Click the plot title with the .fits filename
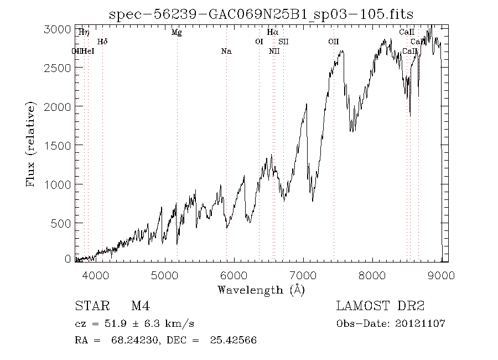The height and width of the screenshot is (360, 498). pos(261,14)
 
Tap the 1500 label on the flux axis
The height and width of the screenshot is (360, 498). pos(57,145)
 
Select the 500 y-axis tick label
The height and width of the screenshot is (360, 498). pos(61,223)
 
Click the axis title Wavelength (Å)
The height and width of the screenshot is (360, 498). pos(261,290)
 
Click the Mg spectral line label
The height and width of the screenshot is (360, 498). pos(177,33)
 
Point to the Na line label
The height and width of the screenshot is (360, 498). pos(226,52)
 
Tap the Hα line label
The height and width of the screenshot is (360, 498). pos(272,33)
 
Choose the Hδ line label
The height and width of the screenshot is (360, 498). pos(102,42)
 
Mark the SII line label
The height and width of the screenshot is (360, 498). pos(283,42)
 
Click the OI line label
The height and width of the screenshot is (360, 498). pos(259,42)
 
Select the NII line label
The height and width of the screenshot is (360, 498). pos(274,52)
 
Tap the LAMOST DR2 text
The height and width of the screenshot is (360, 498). pos(380,306)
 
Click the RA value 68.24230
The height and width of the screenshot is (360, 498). pos(133,341)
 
